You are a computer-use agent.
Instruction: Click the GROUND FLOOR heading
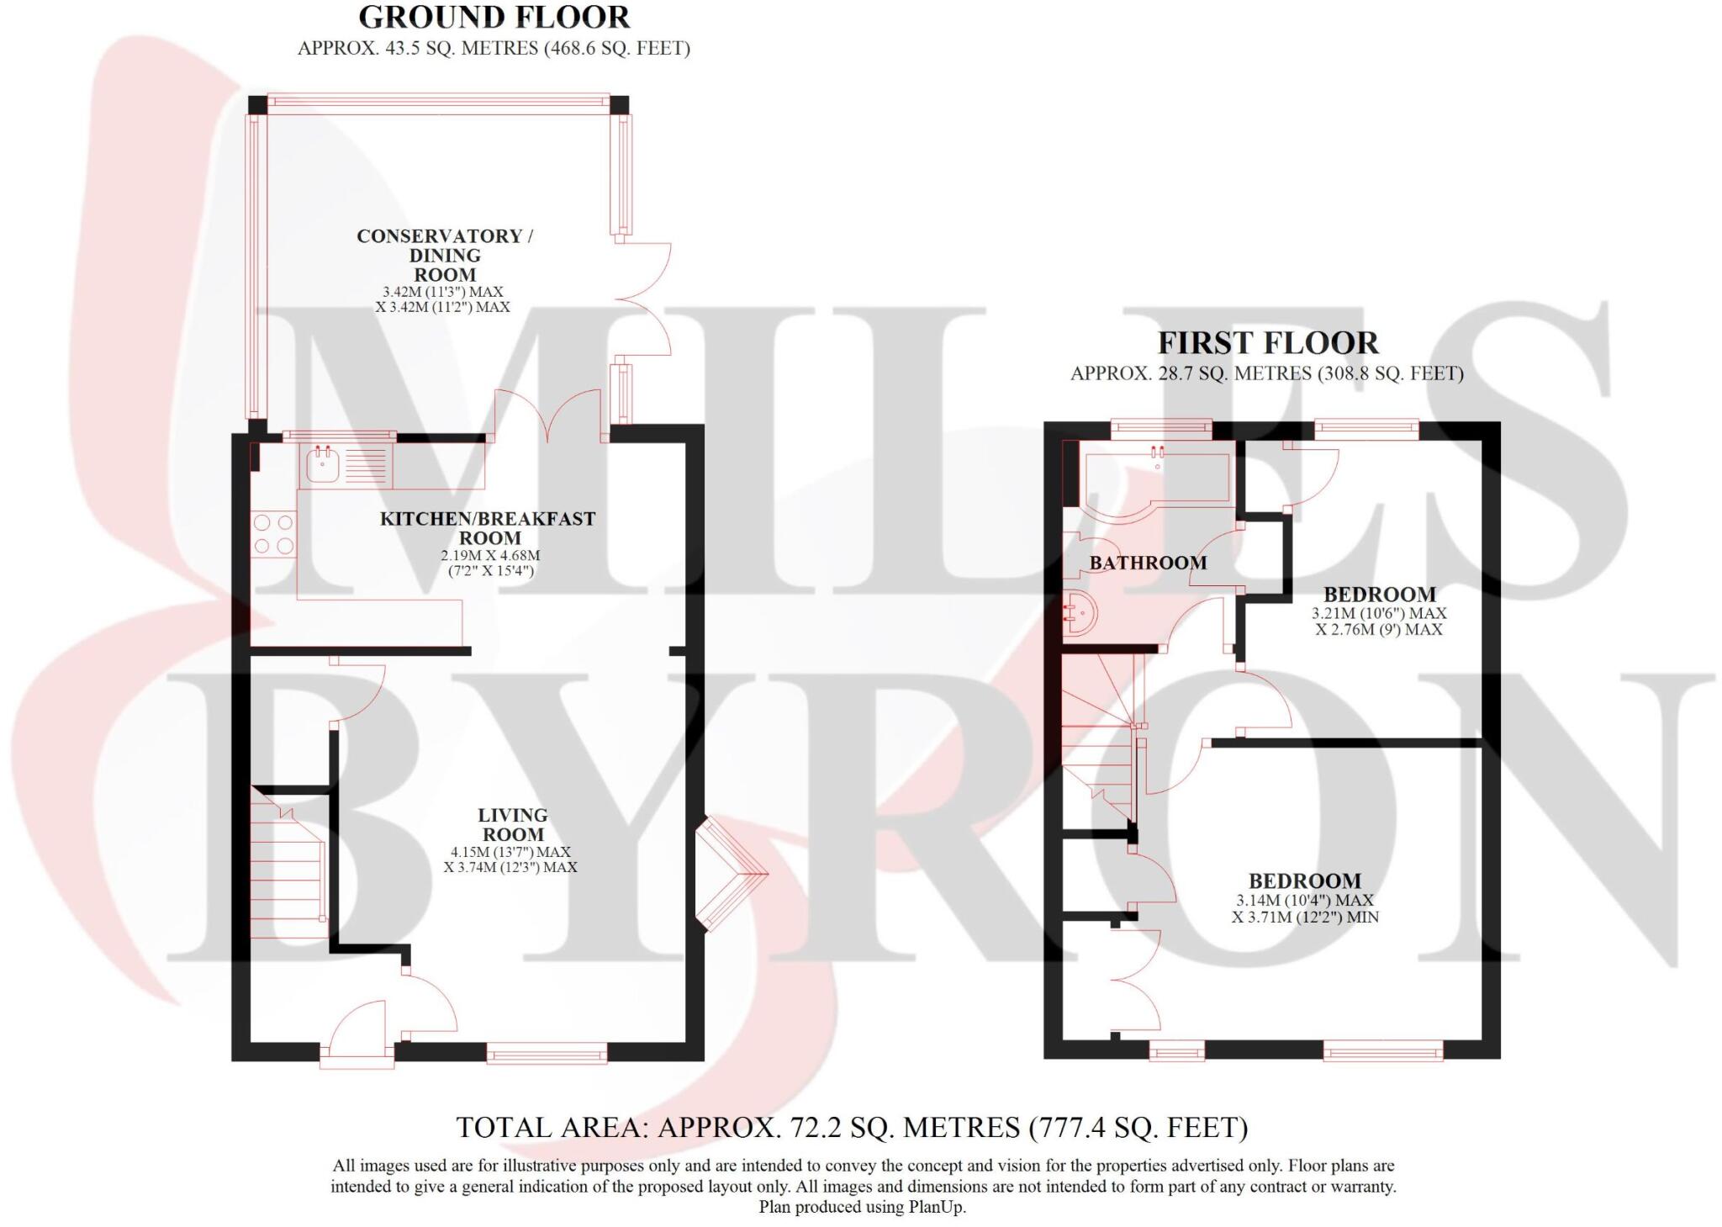(x=494, y=18)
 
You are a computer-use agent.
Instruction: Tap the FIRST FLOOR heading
(x=1268, y=343)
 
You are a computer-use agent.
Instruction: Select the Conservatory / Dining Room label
(x=445, y=255)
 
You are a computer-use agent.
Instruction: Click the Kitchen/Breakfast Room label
(x=488, y=528)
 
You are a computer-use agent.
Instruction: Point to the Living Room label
(x=513, y=825)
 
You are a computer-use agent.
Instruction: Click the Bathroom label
(x=1148, y=563)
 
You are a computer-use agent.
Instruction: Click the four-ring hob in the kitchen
(x=274, y=535)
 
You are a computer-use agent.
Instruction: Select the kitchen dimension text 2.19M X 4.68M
(x=490, y=556)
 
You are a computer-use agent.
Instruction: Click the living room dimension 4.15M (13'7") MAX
(x=510, y=852)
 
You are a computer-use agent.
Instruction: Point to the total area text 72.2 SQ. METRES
(x=852, y=1127)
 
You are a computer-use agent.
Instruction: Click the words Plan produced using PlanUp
(x=863, y=1208)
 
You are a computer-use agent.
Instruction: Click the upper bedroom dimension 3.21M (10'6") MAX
(x=1379, y=614)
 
